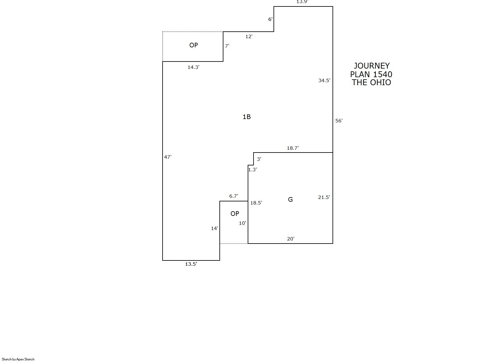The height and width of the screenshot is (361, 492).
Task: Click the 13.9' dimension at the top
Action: pos(302,2)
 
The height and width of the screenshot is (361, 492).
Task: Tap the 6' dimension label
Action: pos(270,19)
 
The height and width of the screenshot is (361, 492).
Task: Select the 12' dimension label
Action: pos(249,37)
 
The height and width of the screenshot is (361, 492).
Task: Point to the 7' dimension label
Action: pos(227,46)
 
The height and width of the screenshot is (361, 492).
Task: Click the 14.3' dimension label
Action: pos(194,67)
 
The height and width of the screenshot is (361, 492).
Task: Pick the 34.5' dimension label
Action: pos(325,81)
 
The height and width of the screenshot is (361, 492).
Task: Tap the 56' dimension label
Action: pos(339,121)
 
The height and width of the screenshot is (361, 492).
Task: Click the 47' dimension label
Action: pos(168,157)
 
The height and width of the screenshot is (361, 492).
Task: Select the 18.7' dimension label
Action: pos(293,148)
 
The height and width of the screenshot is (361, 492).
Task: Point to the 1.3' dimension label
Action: pos(253,170)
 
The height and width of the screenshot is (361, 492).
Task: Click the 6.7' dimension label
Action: pos(234,196)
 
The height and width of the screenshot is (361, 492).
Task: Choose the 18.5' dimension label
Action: pos(256,203)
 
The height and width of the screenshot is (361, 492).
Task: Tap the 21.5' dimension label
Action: pos(324,197)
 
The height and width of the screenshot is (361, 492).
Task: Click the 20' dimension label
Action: pos(291,239)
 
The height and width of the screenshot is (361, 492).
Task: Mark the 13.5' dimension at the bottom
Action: pos(191,264)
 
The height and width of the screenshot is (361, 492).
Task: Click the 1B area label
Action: pos(247,117)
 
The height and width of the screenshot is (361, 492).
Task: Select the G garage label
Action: pos(290,200)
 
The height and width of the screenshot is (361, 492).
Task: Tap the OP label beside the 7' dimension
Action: pos(194,45)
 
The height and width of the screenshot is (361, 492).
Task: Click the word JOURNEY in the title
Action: pos(372,66)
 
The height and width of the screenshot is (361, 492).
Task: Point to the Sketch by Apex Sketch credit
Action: pos(18,359)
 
